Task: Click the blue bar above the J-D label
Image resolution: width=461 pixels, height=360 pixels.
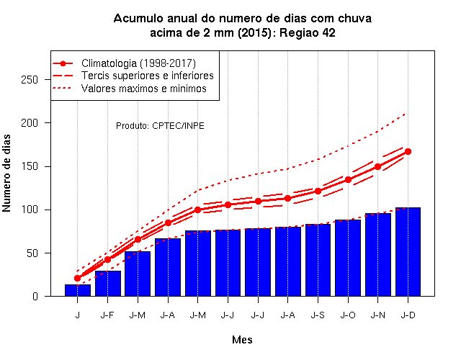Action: click(x=408, y=252)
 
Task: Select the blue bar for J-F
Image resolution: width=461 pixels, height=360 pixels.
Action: click(x=107, y=284)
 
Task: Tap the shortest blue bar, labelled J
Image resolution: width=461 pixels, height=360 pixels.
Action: click(x=78, y=290)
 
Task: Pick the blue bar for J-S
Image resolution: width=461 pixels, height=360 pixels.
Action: click(x=318, y=260)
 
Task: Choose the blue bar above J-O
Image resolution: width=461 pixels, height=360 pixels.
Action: click(x=348, y=258)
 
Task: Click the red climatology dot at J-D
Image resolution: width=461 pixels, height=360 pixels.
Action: click(x=408, y=152)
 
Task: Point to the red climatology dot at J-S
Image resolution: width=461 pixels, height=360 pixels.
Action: click(x=318, y=191)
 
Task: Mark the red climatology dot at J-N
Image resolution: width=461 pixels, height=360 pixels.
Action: click(x=377, y=166)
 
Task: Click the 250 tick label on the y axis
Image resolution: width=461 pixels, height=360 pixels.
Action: click(x=30, y=80)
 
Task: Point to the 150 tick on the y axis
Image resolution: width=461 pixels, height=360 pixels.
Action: click(x=30, y=166)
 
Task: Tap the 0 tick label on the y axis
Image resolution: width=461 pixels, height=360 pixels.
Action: click(x=35, y=296)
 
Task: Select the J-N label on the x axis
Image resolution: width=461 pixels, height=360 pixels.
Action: click(x=377, y=315)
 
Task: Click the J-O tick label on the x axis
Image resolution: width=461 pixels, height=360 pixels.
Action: click(x=348, y=315)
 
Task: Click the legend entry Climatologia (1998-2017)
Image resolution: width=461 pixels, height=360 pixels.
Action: click(x=138, y=63)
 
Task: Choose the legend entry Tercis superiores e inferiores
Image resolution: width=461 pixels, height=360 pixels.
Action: click(x=147, y=76)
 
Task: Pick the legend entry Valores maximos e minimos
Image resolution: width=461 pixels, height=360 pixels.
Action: click(x=144, y=89)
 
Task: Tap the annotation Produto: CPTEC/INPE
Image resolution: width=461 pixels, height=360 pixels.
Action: click(x=160, y=126)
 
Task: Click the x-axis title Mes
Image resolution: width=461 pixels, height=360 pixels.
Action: click(x=242, y=340)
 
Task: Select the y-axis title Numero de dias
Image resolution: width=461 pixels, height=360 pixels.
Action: click(x=6, y=173)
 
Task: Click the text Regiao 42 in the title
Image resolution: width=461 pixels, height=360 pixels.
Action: click(x=308, y=32)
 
